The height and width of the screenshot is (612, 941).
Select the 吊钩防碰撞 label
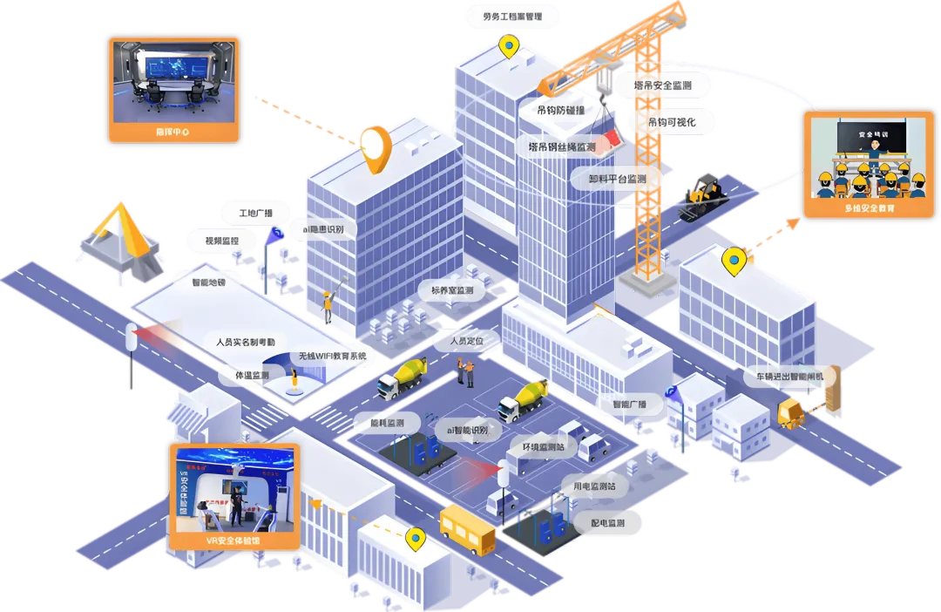(560, 111)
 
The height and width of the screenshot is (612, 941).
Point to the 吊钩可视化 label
(672, 122)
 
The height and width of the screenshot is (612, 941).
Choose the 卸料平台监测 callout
(618, 179)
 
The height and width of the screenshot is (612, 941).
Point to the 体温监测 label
(253, 375)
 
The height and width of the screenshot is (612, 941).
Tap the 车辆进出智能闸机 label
(789, 376)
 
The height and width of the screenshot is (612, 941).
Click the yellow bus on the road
(467, 526)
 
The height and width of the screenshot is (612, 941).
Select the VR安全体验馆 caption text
(233, 541)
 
